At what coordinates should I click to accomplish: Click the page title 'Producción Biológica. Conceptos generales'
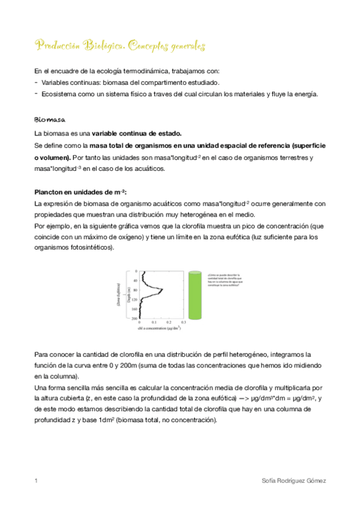coord(120,46)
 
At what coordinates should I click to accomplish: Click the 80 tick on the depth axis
coord(135,290)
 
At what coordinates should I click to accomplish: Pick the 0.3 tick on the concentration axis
coord(183,323)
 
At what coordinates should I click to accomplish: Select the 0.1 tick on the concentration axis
coord(153,323)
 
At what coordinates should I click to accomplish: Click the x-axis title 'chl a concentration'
coord(160,329)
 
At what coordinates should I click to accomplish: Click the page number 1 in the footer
coord(37,481)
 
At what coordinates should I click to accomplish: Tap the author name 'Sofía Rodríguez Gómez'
coord(295,481)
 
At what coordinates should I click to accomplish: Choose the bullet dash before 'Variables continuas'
coord(37,82)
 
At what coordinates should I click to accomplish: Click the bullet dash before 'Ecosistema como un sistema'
coord(37,94)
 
